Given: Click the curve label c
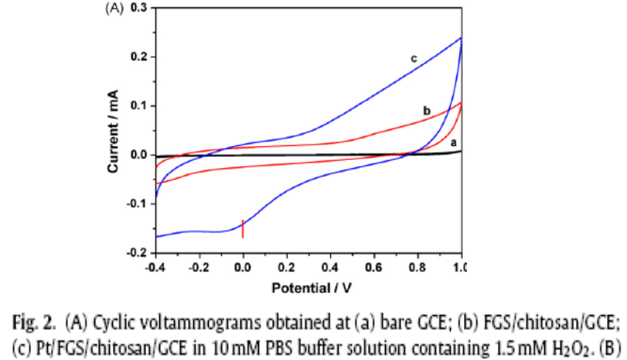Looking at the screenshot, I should pyautogui.click(x=414, y=58).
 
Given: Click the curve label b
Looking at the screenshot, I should pyautogui.click(x=426, y=111).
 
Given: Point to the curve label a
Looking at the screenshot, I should pyautogui.click(x=452, y=142).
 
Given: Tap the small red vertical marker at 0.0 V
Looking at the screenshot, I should pyautogui.click(x=244, y=229).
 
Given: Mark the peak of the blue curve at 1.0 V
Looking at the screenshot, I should pyautogui.click(x=462, y=38).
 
